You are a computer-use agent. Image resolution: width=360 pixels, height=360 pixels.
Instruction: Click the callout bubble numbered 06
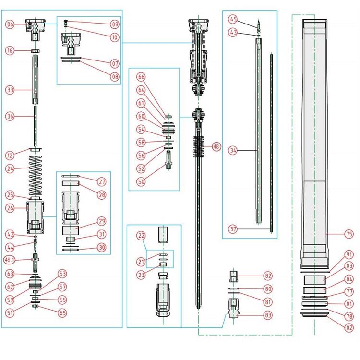10,24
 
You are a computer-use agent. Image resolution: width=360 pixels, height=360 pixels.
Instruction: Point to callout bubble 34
233,150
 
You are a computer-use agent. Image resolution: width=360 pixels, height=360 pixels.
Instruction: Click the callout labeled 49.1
10,260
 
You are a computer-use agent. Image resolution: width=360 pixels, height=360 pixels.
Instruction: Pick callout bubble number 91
349,255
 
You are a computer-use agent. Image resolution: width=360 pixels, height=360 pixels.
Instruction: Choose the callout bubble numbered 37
233,228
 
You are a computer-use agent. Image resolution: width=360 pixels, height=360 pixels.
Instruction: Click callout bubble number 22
141,236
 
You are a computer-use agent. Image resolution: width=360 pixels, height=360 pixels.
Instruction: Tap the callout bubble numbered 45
233,20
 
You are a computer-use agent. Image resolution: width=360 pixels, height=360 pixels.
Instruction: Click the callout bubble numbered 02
349,328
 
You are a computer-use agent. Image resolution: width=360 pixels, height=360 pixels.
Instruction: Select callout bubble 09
115,24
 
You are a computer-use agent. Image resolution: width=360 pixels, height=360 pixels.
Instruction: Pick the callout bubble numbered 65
62,312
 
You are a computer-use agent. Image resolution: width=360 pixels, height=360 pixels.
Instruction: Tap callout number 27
102,182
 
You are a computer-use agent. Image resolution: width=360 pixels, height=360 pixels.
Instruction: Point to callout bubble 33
10,89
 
